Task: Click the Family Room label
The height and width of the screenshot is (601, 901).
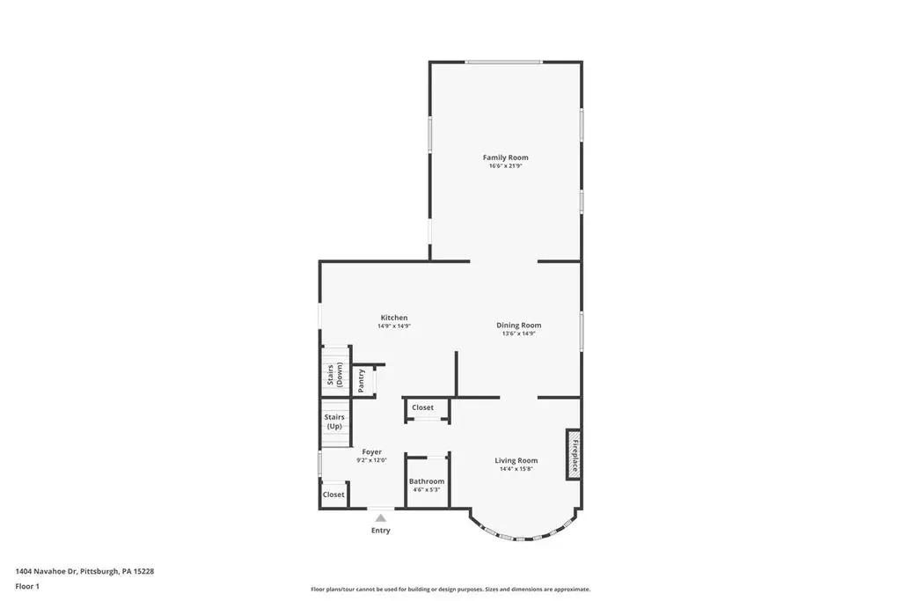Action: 505,158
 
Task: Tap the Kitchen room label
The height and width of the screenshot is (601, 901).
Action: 394,318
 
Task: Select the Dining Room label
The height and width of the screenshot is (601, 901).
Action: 519,326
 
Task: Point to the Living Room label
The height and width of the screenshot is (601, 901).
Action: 516,460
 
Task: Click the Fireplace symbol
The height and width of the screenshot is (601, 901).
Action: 574,454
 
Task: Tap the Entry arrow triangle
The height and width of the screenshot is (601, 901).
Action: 381,517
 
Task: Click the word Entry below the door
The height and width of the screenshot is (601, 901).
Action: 380,531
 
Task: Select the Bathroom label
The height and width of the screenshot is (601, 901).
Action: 427,481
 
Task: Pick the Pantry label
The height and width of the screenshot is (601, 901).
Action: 361,381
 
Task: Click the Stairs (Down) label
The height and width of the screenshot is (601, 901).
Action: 334,375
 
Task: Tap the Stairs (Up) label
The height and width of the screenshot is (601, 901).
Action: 334,421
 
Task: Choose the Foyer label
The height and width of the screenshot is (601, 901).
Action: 372,452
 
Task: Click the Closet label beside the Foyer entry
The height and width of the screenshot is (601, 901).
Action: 333,495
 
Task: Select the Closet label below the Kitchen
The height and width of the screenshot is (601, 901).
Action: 423,407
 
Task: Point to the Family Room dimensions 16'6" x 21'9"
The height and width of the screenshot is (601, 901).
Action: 505,166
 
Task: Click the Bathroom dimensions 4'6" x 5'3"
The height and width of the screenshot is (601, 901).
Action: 427,490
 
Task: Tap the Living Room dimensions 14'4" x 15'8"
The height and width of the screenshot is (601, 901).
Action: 516,469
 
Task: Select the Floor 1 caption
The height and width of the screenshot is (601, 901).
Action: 27,587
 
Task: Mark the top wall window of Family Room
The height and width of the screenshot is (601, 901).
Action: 503,62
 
